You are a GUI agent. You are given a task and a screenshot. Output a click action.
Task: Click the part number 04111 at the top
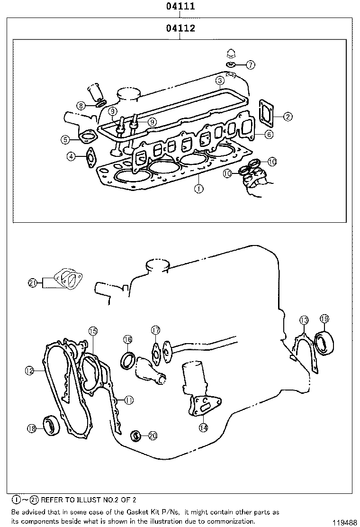point(180,7)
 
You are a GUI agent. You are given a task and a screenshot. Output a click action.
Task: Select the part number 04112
point(180,28)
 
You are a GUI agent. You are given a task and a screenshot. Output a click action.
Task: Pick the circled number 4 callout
point(71,156)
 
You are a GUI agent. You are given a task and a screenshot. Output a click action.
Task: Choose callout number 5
point(65,139)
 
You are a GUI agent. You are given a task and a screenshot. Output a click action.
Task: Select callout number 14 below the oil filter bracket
point(203,427)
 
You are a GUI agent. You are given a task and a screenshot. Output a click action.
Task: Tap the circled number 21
point(32,283)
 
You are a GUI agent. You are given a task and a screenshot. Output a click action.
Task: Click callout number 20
point(152,436)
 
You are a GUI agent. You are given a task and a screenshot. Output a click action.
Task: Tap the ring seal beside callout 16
point(128,360)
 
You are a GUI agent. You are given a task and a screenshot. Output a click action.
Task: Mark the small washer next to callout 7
point(232,64)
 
